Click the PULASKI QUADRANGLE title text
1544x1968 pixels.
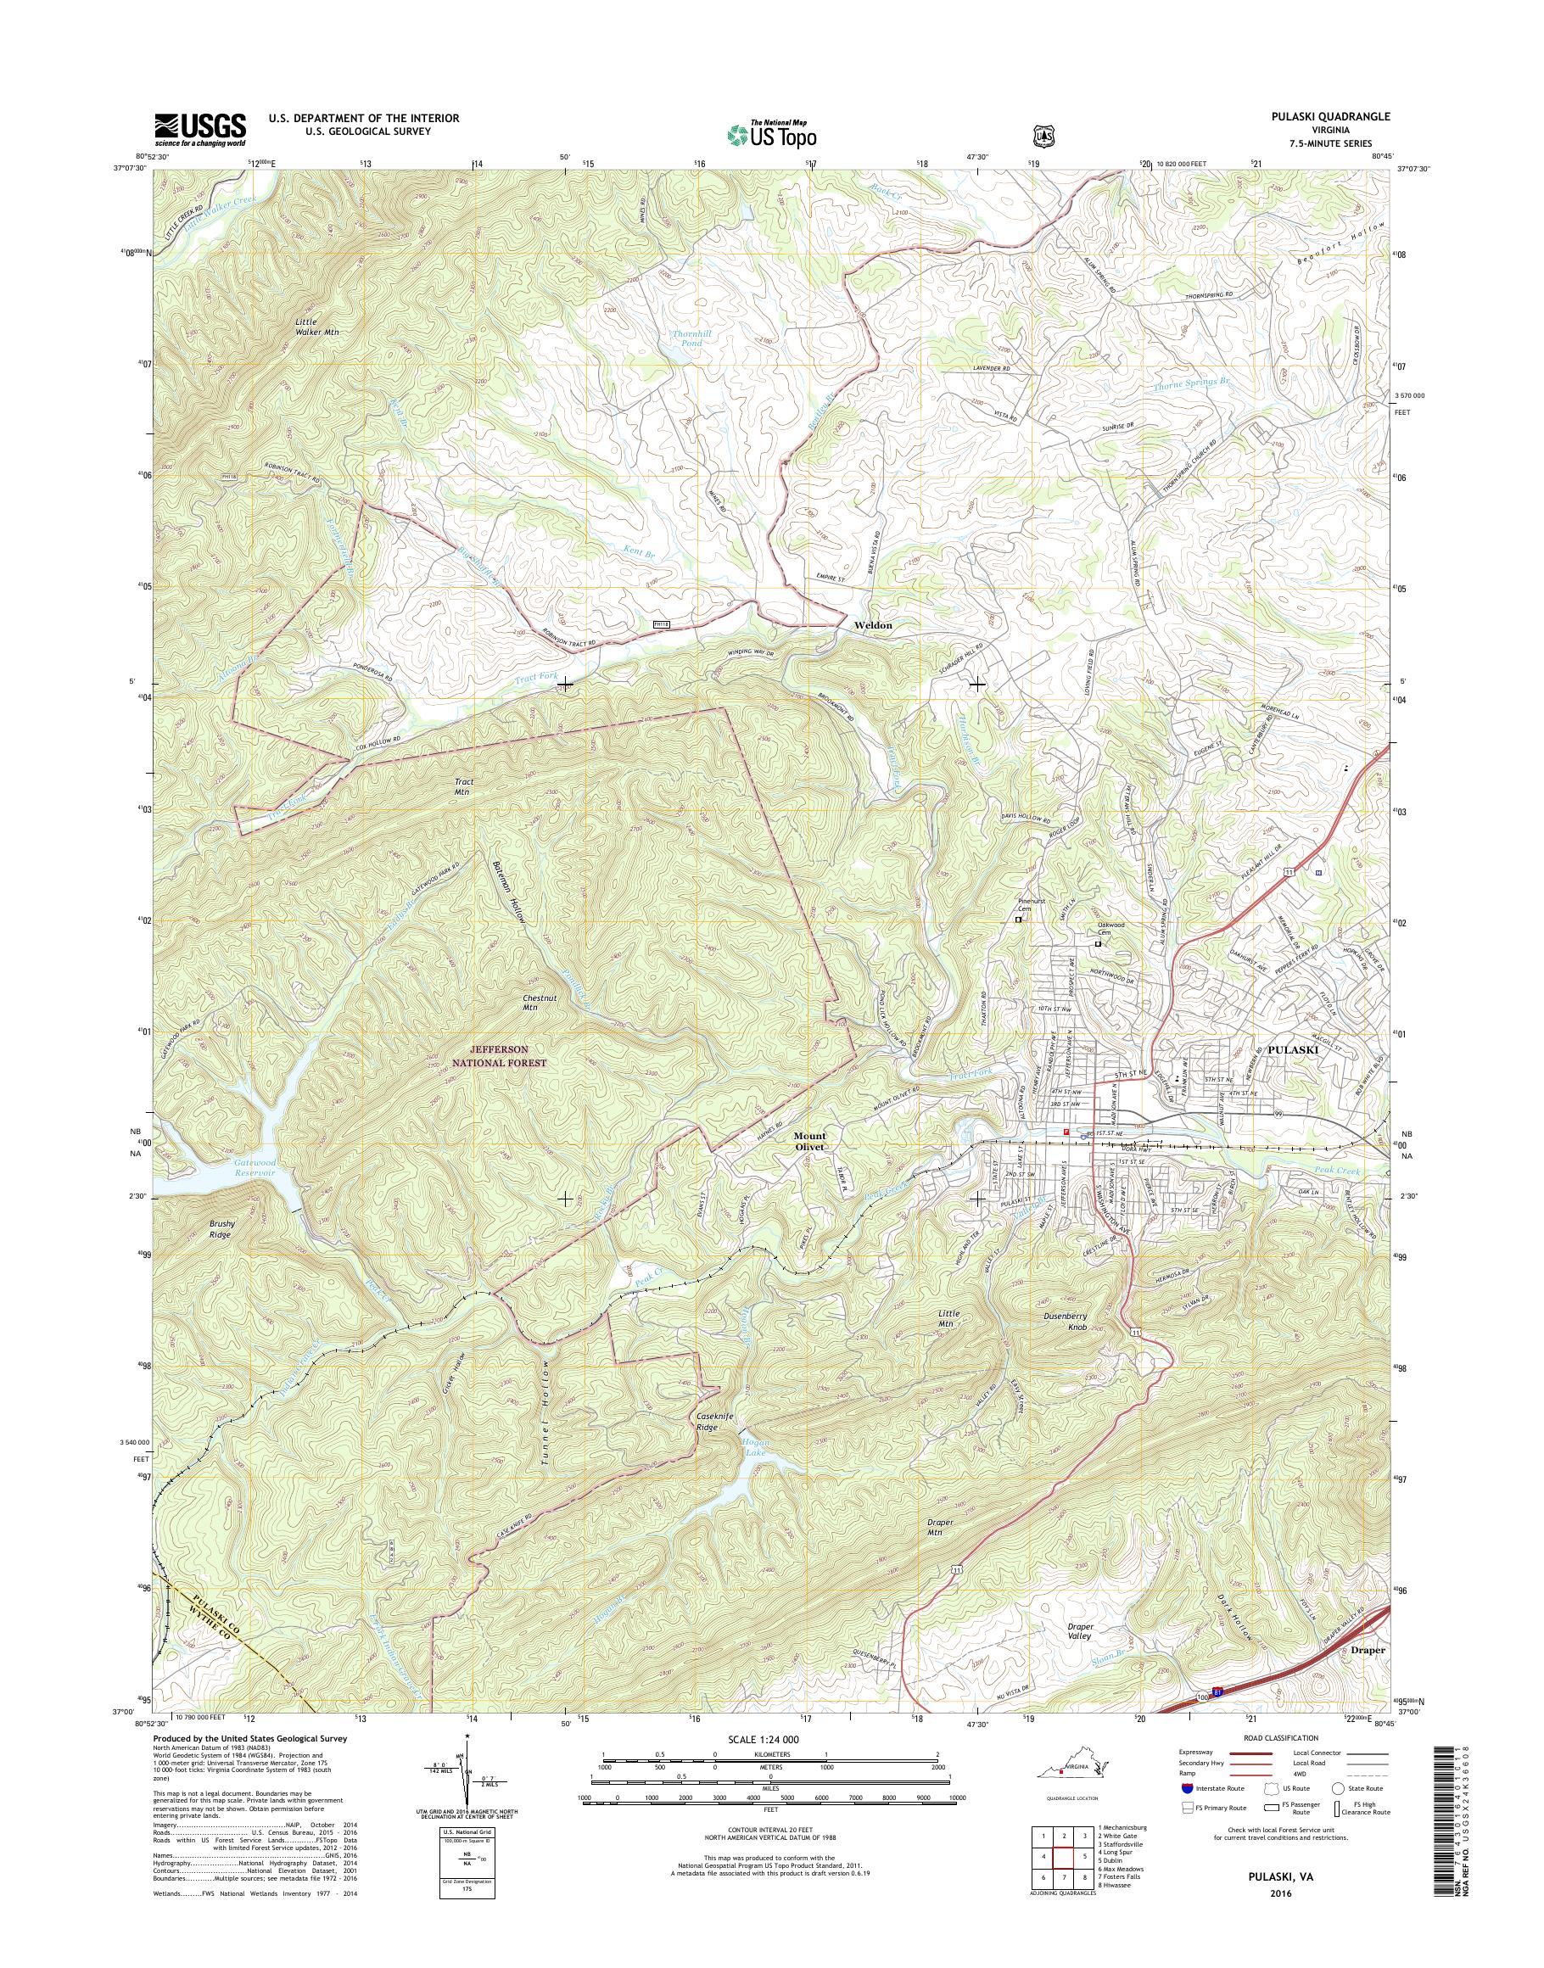pyautogui.click(x=1328, y=116)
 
